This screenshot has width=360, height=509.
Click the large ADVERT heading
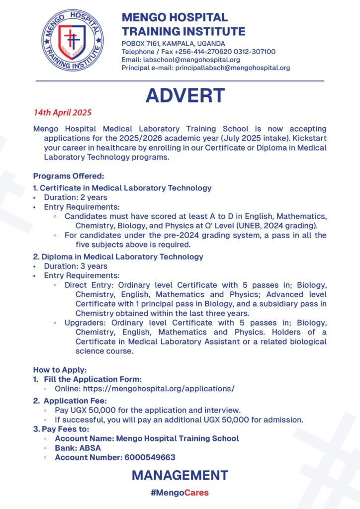185,95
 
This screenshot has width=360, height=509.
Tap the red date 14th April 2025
63,112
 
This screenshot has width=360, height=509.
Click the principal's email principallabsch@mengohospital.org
232,68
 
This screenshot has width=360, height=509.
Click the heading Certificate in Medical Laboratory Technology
125,188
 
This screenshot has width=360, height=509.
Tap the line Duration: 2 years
75,197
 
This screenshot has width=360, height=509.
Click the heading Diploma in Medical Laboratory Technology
121,256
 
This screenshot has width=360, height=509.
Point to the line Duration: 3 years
75,266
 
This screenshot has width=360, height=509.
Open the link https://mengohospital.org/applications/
159,389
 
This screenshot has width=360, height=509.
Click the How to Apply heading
60,370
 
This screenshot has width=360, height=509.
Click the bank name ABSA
88,448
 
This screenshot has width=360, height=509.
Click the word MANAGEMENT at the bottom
180,475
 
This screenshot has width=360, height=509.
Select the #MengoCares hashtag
180,493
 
